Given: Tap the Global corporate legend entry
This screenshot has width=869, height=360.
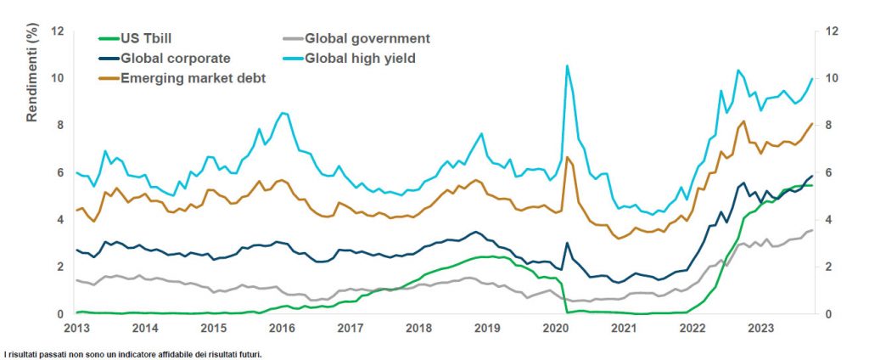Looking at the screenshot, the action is pyautogui.click(x=165, y=59).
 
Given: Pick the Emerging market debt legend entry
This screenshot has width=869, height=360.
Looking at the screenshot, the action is pyautogui.click(x=182, y=78).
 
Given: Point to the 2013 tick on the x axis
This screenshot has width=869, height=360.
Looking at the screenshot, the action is pyautogui.click(x=76, y=327).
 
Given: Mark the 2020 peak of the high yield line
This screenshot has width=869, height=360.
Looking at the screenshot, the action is pyautogui.click(x=567, y=66).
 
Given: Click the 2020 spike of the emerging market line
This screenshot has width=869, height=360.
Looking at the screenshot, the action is pyautogui.click(x=567, y=158).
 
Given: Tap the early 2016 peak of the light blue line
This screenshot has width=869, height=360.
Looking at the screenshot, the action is pyautogui.click(x=283, y=113).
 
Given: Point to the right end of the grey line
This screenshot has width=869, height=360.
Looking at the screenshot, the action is pyautogui.click(x=812, y=230).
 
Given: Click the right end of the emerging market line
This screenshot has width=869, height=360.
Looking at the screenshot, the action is pyautogui.click(x=812, y=124).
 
